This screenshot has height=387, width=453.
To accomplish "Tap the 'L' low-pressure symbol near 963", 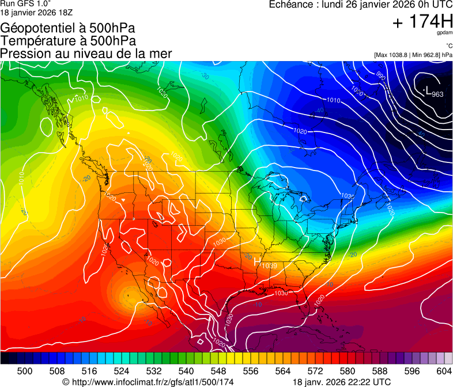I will (427, 91).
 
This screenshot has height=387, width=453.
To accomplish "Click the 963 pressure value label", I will (437, 94).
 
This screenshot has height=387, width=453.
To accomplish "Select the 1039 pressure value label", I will (269, 265).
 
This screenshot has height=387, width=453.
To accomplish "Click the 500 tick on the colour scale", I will (25, 371).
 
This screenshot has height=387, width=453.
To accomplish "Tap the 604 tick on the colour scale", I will (444, 371).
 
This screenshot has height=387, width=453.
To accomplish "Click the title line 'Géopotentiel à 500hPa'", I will (68, 28).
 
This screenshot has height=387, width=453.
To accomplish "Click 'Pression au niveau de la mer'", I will (86, 54).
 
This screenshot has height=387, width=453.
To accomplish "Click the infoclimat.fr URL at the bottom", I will (148, 382).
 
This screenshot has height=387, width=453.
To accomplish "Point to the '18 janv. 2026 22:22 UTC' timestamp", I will (342, 382).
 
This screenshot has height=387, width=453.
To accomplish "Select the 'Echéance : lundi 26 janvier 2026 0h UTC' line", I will (361, 5).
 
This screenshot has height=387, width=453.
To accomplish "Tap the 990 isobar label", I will (380, 75).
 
